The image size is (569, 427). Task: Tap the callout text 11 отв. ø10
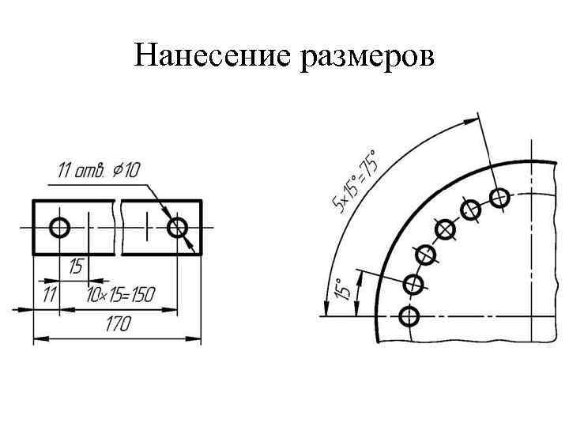[x=99, y=170]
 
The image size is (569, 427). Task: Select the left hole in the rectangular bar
[x=59, y=228]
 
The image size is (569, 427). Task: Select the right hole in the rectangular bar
[x=178, y=228]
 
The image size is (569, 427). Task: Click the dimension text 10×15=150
[x=120, y=295]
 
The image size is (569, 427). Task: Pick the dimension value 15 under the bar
[x=76, y=266]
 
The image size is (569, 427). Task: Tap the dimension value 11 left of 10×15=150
[x=50, y=295]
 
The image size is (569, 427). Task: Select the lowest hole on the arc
[x=409, y=316]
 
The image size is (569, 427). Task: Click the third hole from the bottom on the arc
[x=426, y=255]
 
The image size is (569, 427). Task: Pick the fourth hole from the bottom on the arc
[x=446, y=229]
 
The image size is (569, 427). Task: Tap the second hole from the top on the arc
[x=471, y=210]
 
